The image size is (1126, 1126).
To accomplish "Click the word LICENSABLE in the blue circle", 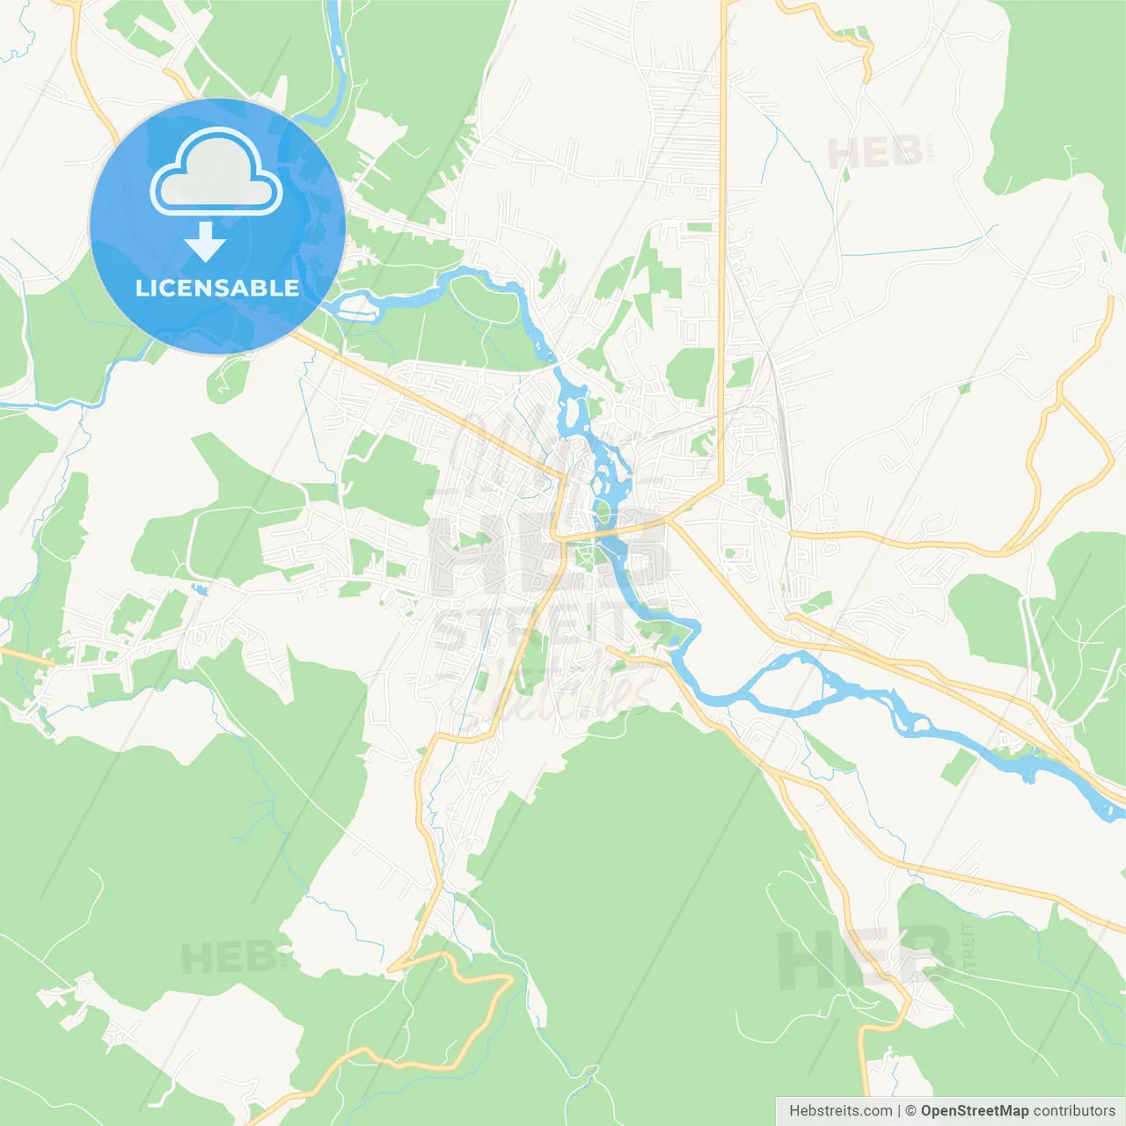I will (217, 288).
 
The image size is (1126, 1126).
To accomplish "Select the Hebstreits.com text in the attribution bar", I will (840, 1111).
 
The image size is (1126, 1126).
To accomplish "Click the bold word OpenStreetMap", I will (975, 1111).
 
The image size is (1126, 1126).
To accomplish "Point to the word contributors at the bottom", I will (1074, 1111).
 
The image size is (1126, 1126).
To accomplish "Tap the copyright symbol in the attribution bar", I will (910, 1111).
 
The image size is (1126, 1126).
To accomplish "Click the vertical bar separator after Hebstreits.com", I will (899, 1111).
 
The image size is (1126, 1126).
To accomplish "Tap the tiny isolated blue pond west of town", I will (201, 589).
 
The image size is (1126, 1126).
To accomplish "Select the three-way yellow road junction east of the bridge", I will (669, 521).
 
